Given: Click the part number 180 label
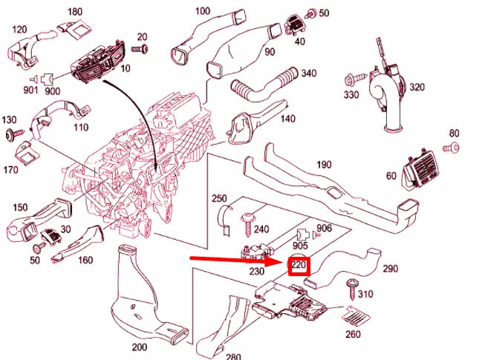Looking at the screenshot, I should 75,12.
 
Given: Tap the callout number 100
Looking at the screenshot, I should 202,11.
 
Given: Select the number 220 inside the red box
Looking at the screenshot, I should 299,264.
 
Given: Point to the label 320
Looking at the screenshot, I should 417,87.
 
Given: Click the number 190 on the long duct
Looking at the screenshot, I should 325,165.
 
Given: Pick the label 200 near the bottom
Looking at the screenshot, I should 139,347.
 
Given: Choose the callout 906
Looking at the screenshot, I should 324,228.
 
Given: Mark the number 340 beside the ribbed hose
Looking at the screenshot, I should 309,73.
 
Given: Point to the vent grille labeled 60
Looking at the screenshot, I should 423,172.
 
